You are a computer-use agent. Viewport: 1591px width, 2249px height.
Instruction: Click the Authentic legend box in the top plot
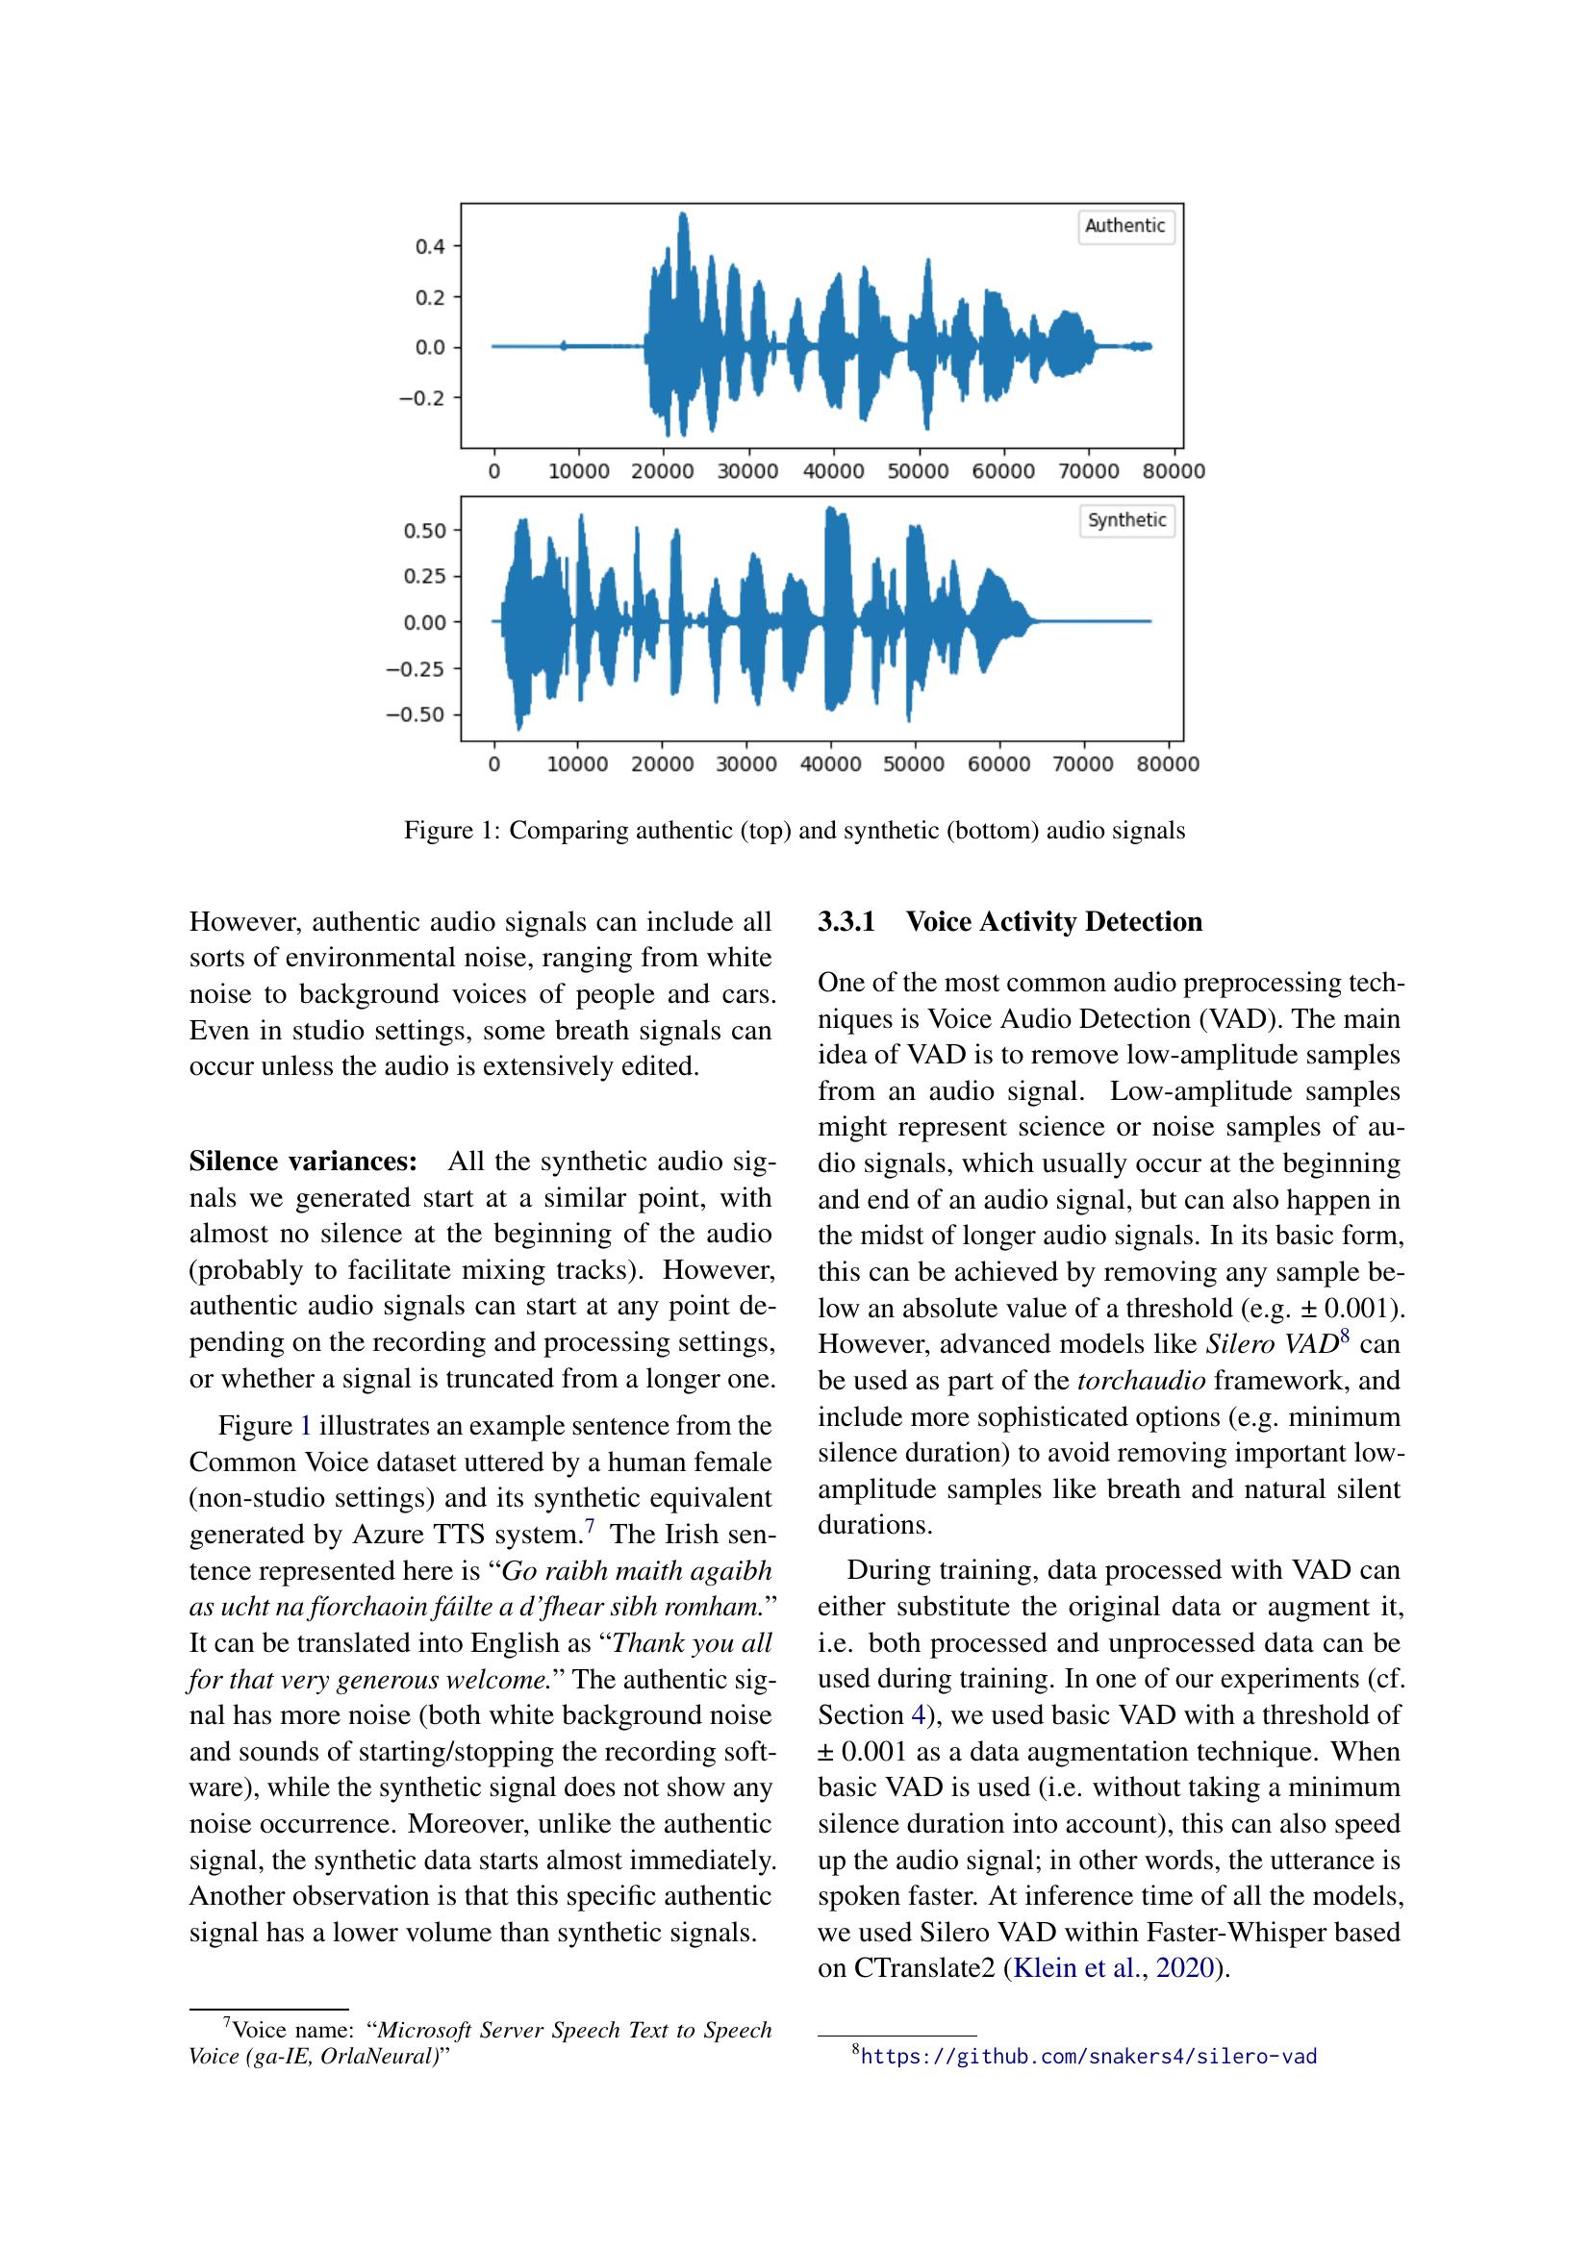pyautogui.click(x=1124, y=226)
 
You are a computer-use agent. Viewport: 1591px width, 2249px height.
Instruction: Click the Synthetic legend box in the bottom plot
pyautogui.click(x=1125, y=520)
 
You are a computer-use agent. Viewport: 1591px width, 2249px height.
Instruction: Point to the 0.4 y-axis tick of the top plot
pyautogui.click(x=431, y=246)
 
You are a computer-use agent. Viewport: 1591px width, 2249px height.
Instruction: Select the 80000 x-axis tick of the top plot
pyautogui.click(x=1173, y=472)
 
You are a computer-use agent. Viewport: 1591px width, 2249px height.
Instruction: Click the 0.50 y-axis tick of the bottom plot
pyautogui.click(x=425, y=531)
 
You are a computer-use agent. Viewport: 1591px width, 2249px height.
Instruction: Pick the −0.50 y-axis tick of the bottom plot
pyautogui.click(x=416, y=714)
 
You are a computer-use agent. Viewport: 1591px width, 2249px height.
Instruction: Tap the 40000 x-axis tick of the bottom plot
pyautogui.click(x=831, y=765)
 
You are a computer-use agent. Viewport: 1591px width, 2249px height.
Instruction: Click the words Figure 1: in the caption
pyautogui.click(x=452, y=831)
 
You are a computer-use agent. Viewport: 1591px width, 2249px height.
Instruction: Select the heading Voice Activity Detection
pyautogui.click(x=1053, y=922)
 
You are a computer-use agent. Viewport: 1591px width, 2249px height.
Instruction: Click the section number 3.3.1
pyautogui.click(x=846, y=922)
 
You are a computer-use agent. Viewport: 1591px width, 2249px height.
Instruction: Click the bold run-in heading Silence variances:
pyautogui.click(x=303, y=1162)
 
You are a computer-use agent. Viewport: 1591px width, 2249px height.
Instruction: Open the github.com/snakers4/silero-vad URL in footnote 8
pyautogui.click(x=1088, y=2057)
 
